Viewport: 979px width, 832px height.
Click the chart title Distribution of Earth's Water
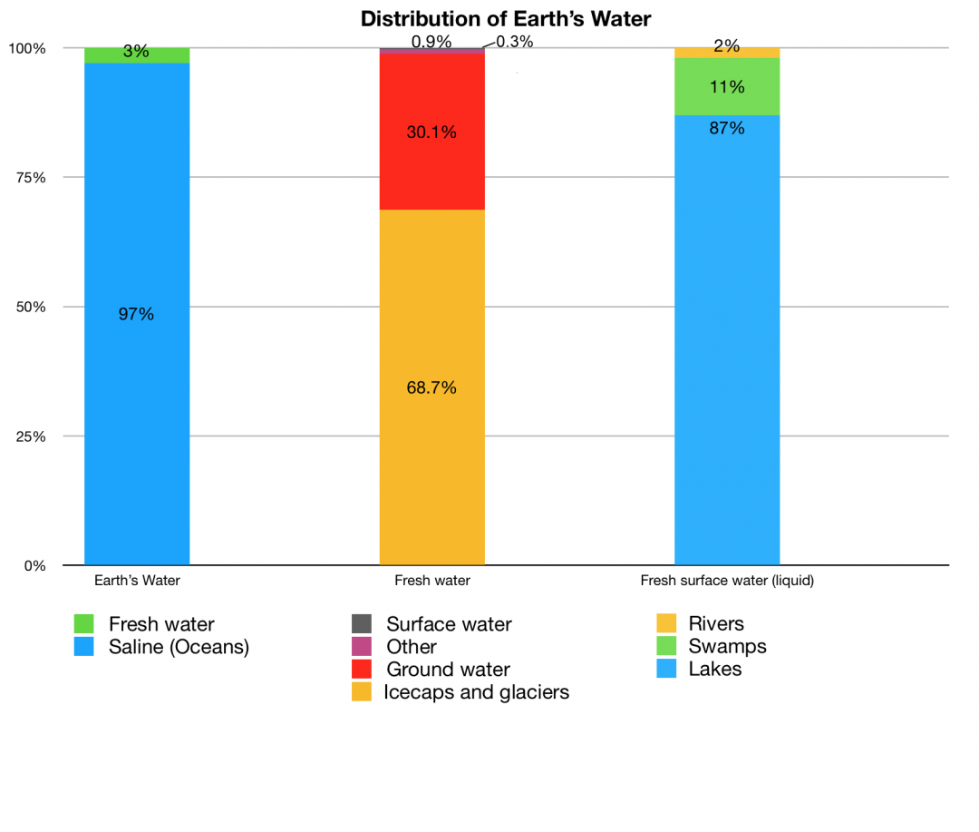pyautogui.click(x=505, y=18)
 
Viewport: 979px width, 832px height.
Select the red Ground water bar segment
pyautogui.click(x=431, y=172)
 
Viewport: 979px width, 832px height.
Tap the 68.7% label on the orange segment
pyautogui.click(x=431, y=388)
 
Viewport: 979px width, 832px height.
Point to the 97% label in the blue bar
pyautogui.click(x=137, y=315)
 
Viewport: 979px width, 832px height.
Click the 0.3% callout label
pyautogui.click(x=514, y=42)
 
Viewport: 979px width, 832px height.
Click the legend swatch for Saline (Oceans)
pyautogui.click(x=84, y=647)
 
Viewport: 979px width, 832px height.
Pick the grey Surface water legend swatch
pyautogui.click(x=362, y=624)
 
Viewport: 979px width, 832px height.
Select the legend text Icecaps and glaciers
pyautogui.click(x=477, y=692)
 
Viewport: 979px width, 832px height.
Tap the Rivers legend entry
pyautogui.click(x=715, y=624)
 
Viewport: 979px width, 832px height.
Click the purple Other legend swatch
pyautogui.click(x=362, y=647)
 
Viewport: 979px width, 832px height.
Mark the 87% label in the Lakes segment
pyautogui.click(x=727, y=129)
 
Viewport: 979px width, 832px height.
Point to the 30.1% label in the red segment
pyautogui.click(x=431, y=132)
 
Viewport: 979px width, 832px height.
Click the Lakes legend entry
pyautogui.click(x=714, y=670)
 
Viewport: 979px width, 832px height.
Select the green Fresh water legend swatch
pyautogui.click(x=84, y=624)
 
